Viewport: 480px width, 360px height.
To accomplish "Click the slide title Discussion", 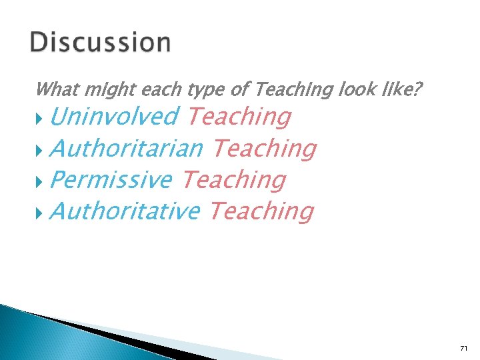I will pyautogui.click(x=100, y=43).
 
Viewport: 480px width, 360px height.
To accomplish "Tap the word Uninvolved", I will pyautogui.click(x=113, y=117).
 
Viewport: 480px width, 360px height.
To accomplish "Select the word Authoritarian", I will pyautogui.click(x=126, y=148).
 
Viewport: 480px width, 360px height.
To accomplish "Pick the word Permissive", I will pyautogui.click(x=111, y=179).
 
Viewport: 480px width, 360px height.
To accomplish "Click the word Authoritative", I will pyautogui.click(x=125, y=211).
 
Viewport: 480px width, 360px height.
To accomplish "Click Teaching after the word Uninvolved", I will pyautogui.click(x=239, y=117).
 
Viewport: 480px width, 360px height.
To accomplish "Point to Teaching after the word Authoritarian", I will pyautogui.click(x=263, y=148).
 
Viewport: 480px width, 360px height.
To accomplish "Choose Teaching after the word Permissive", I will pyautogui.click(x=233, y=179).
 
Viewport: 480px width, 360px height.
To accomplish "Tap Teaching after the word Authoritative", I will pyautogui.click(x=261, y=211).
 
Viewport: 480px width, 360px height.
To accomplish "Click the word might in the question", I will pyautogui.click(x=99, y=89).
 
